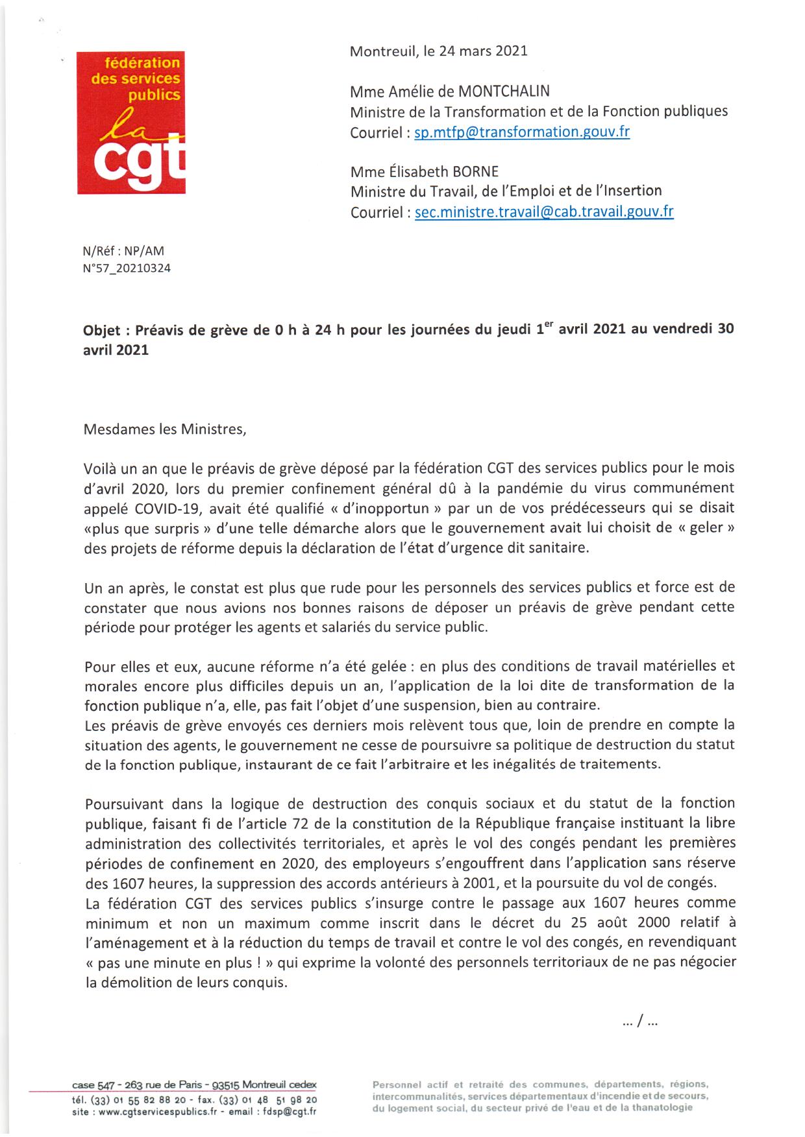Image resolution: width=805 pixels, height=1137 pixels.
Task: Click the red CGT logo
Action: click(x=131, y=123)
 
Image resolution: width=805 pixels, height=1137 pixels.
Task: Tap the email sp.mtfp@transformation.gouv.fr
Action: click(x=522, y=132)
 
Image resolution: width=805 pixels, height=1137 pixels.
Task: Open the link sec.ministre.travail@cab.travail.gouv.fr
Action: click(x=544, y=212)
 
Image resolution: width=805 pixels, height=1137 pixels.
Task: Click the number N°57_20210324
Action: click(x=127, y=268)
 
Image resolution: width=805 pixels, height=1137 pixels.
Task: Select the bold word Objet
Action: click(x=101, y=329)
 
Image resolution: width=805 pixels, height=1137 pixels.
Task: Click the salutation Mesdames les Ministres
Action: click(x=165, y=429)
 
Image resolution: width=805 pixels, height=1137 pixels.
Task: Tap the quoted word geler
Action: click(x=706, y=527)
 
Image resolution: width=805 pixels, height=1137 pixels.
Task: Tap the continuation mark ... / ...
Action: click(x=639, y=1023)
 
